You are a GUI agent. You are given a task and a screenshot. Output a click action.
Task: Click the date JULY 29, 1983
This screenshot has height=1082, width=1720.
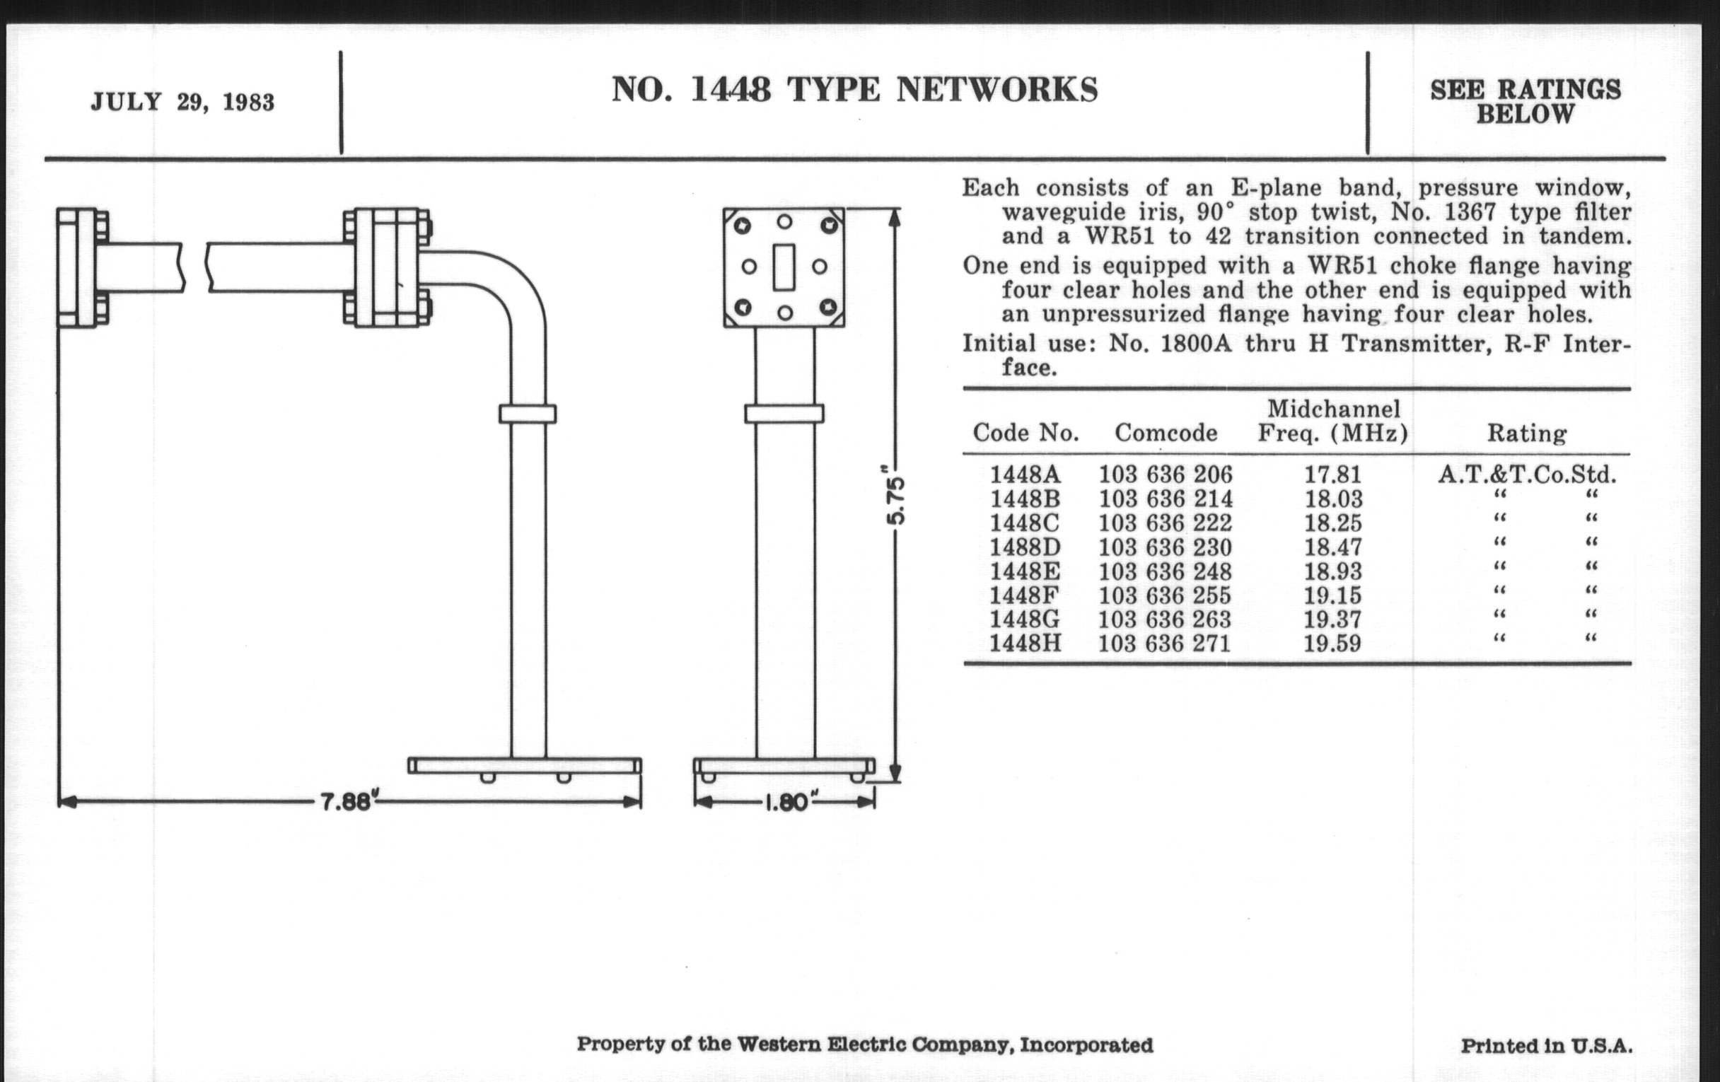tap(183, 102)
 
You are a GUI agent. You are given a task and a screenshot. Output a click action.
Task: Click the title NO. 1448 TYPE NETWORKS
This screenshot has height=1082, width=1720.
tap(854, 90)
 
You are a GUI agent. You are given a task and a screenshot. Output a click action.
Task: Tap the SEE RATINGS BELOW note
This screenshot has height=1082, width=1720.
tap(1525, 101)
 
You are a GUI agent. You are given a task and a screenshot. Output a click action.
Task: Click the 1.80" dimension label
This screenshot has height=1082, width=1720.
tap(786, 803)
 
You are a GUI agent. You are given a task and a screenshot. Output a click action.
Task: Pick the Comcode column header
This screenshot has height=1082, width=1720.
tap(1166, 432)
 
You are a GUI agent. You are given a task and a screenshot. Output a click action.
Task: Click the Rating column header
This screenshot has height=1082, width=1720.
tap(1526, 433)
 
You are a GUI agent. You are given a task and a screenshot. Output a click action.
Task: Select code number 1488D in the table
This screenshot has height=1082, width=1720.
tap(1025, 547)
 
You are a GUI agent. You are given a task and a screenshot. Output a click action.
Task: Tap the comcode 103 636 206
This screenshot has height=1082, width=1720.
tap(1166, 475)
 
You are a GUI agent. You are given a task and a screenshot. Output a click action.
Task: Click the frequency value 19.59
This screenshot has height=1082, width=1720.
tap(1332, 644)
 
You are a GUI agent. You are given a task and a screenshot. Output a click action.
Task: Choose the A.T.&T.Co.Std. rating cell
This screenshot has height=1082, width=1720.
tap(1526, 475)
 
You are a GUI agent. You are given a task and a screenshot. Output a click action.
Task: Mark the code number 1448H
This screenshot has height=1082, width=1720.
tap(1025, 644)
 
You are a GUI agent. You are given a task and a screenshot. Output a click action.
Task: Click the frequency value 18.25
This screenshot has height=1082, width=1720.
tap(1332, 523)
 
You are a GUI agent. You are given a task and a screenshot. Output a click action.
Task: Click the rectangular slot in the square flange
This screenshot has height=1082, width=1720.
tap(784, 267)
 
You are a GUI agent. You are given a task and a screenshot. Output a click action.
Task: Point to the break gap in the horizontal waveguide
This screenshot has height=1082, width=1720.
tap(195, 267)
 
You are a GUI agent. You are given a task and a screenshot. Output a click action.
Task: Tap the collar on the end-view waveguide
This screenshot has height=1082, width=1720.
tap(784, 414)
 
